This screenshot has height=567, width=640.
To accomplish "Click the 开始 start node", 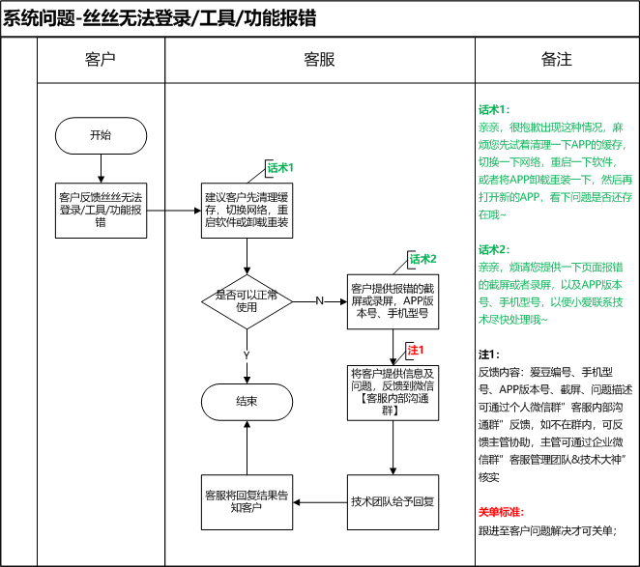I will (101, 135).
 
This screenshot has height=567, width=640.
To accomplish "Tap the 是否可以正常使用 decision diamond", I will (247, 301).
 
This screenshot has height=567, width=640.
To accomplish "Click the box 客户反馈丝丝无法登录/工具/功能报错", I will (101, 208).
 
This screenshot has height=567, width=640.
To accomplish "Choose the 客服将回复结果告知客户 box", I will (247, 502).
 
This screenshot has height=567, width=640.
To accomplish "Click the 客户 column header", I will (101, 60).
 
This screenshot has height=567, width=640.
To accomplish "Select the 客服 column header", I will (319, 60).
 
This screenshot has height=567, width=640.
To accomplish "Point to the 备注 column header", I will (556, 60).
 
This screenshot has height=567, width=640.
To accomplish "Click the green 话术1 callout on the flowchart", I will (279, 168).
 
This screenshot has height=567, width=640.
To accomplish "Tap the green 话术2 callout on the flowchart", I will (423, 259).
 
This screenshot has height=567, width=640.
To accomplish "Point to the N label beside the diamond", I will (319, 301).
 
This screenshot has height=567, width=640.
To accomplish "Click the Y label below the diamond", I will (247, 354).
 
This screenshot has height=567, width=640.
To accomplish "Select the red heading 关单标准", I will (504, 511).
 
